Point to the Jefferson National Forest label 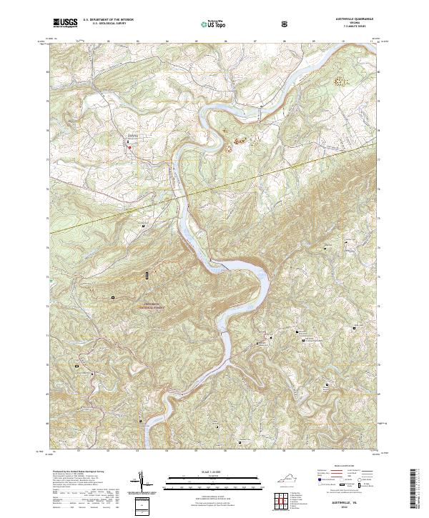click(x=148, y=305)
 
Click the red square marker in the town click(x=129, y=147)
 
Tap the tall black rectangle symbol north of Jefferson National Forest click(x=148, y=275)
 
